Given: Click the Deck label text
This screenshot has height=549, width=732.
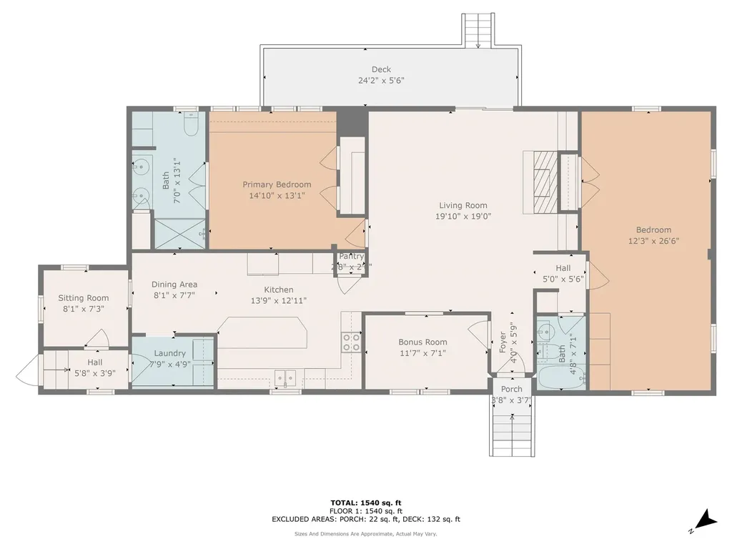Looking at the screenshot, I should [381, 69].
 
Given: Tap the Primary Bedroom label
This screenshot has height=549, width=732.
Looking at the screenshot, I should [277, 184].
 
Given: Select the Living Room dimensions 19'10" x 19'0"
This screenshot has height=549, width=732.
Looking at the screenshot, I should [463, 217].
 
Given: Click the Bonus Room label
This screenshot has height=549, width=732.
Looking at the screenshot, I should [423, 342].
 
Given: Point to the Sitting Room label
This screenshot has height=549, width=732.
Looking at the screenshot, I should [84, 298].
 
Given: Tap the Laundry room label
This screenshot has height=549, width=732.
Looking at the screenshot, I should [169, 353].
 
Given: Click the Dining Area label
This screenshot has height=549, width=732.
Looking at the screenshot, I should [174, 285].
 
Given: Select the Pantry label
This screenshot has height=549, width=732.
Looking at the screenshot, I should [352, 257].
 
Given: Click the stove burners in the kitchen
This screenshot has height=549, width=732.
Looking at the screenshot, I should [351, 342].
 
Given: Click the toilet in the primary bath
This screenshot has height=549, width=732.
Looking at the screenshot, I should [191, 127].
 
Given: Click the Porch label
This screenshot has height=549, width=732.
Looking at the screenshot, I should [511, 390].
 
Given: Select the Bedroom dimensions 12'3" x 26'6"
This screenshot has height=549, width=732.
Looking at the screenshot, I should [653, 241].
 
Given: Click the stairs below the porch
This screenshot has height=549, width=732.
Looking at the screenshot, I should [512, 433].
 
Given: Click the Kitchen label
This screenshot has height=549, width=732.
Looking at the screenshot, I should [279, 290].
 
